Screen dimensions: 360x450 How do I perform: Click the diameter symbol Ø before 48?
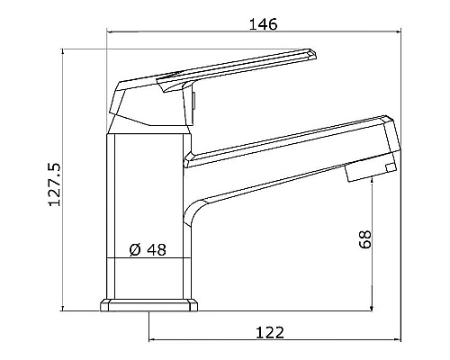[134, 251]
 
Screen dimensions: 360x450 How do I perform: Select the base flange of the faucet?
[148, 306]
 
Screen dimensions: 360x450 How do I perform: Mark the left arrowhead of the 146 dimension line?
[111, 33]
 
